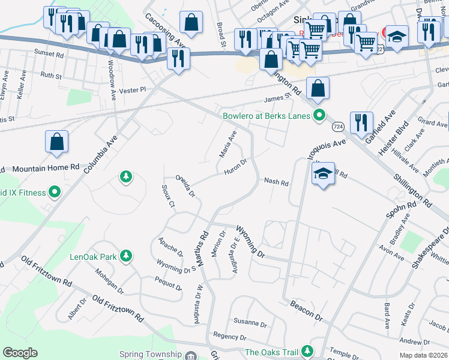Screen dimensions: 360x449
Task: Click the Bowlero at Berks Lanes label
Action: [268, 116]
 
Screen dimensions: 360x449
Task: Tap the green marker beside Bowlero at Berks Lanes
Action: [320, 115]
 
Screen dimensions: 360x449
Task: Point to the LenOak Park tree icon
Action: [126, 257]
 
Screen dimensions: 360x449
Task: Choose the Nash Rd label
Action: [276, 182]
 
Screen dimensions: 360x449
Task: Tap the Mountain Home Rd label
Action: [46, 169]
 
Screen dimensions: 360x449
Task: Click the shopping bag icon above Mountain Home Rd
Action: [56, 142]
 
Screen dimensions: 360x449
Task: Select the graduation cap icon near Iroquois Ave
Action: [323, 174]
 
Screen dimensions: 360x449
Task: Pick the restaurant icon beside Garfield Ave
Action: [361, 123]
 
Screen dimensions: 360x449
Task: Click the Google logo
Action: [20, 353]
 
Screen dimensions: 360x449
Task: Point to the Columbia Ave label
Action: [100, 155]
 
